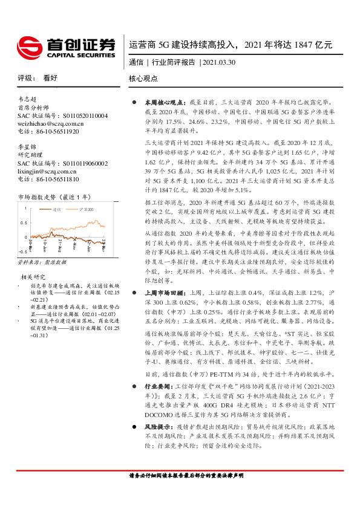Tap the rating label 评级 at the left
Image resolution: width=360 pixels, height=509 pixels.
[25, 79]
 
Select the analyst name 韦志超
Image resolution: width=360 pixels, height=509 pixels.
[28, 99]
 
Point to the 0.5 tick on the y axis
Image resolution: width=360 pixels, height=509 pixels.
[23, 222]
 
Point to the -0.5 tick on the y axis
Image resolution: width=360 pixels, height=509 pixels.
[22, 250]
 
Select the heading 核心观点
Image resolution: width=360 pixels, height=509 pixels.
[143, 79]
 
